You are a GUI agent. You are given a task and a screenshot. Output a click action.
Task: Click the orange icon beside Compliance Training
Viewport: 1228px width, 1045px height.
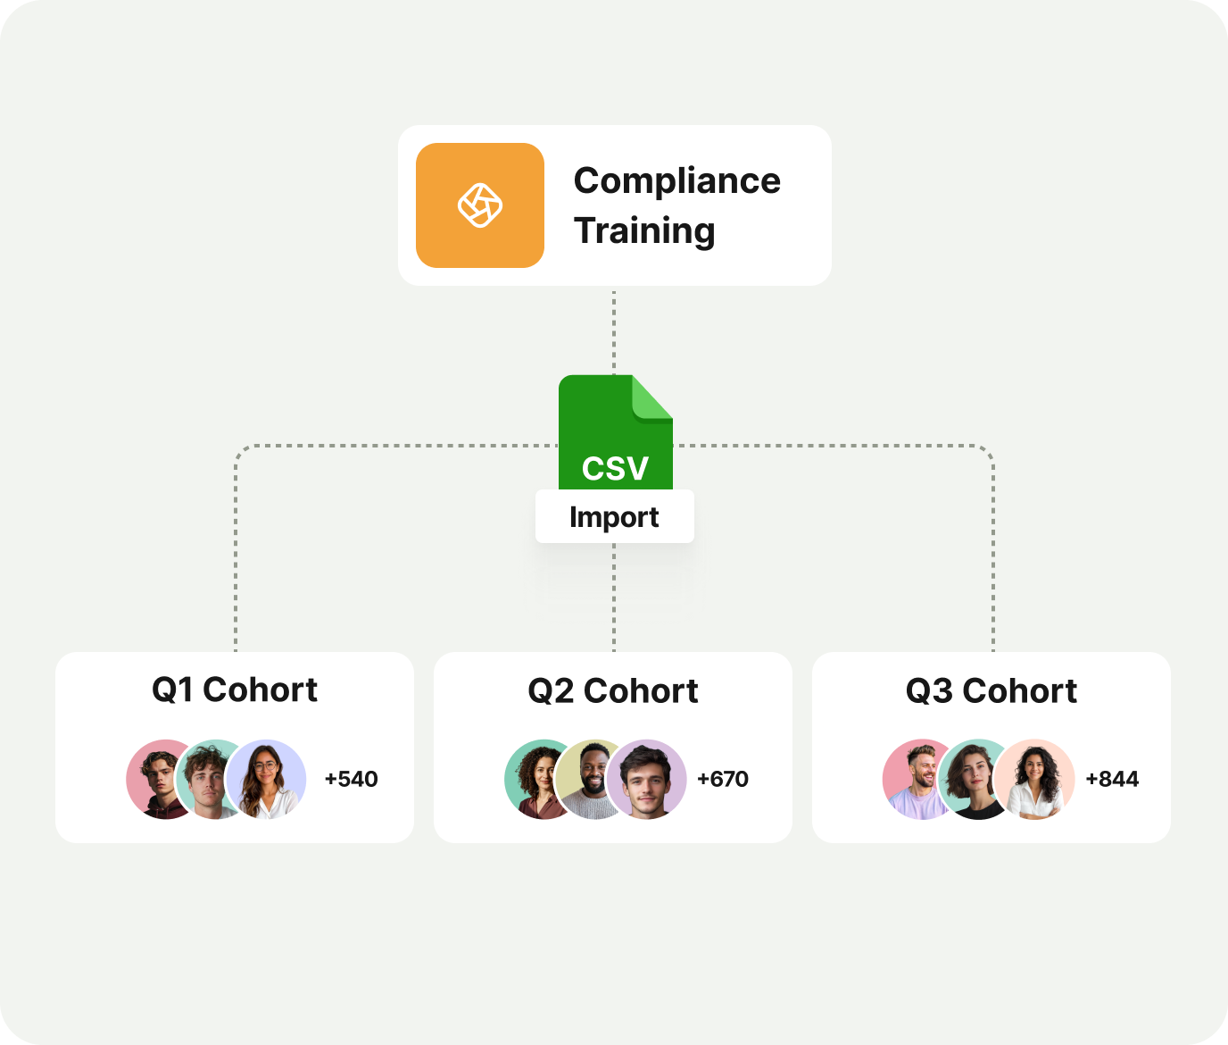tap(480, 205)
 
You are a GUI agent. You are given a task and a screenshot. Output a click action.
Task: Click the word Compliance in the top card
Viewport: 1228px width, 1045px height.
tap(676, 180)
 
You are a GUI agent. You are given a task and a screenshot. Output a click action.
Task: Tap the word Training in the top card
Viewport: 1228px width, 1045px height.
tap(644, 230)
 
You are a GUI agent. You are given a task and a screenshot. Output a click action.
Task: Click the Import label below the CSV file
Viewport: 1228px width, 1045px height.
tap(614, 517)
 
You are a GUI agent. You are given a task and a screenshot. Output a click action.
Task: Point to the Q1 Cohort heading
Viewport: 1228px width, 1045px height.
tap(235, 690)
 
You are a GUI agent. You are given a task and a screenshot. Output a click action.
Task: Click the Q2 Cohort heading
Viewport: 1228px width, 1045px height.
tap(613, 690)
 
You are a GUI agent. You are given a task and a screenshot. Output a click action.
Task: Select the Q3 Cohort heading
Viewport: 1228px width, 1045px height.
tap(991, 690)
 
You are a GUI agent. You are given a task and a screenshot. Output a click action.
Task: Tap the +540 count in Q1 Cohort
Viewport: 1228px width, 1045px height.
tap(351, 779)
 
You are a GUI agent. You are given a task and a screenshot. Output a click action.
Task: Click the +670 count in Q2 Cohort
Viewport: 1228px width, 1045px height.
tap(723, 779)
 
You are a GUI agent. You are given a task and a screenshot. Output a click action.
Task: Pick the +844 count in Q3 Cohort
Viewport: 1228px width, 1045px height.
tap(1112, 779)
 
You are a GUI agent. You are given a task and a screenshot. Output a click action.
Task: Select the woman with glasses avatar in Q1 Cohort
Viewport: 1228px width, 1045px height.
tap(266, 779)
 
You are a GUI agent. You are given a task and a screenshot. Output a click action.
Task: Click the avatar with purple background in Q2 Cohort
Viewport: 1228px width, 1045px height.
tap(647, 779)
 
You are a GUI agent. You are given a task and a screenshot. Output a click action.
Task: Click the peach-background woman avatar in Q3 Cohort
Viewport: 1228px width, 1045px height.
tap(1034, 779)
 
